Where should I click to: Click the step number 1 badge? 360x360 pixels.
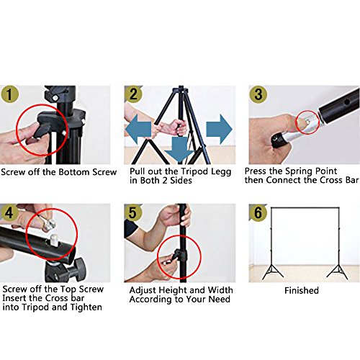click(x=9, y=94)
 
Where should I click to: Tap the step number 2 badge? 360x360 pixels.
click(x=133, y=94)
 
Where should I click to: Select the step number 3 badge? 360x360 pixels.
click(x=258, y=94)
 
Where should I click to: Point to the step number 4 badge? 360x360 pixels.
click(x=9, y=212)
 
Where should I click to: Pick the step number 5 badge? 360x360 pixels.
click(x=132, y=212)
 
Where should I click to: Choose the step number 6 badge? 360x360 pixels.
click(x=258, y=212)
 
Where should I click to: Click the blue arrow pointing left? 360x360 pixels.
click(x=138, y=129)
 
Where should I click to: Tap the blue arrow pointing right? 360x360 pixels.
click(x=219, y=129)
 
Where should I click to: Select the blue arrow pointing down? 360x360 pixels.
click(x=179, y=150)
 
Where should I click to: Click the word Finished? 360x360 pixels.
click(x=302, y=290)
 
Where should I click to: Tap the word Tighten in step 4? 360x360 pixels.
click(x=86, y=307)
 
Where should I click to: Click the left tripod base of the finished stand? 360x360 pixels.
click(x=273, y=272)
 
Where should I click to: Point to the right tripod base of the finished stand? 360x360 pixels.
click(x=338, y=272)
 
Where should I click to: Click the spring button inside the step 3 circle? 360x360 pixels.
click(x=308, y=122)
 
